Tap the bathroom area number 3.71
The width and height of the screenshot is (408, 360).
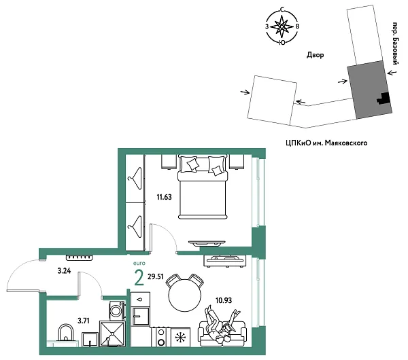click(65, 319)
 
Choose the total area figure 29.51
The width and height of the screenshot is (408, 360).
click(156, 278)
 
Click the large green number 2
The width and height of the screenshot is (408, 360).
click(139, 278)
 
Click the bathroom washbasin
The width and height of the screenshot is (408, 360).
click(65, 334)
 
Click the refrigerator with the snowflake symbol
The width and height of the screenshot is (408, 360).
click(180, 338)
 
